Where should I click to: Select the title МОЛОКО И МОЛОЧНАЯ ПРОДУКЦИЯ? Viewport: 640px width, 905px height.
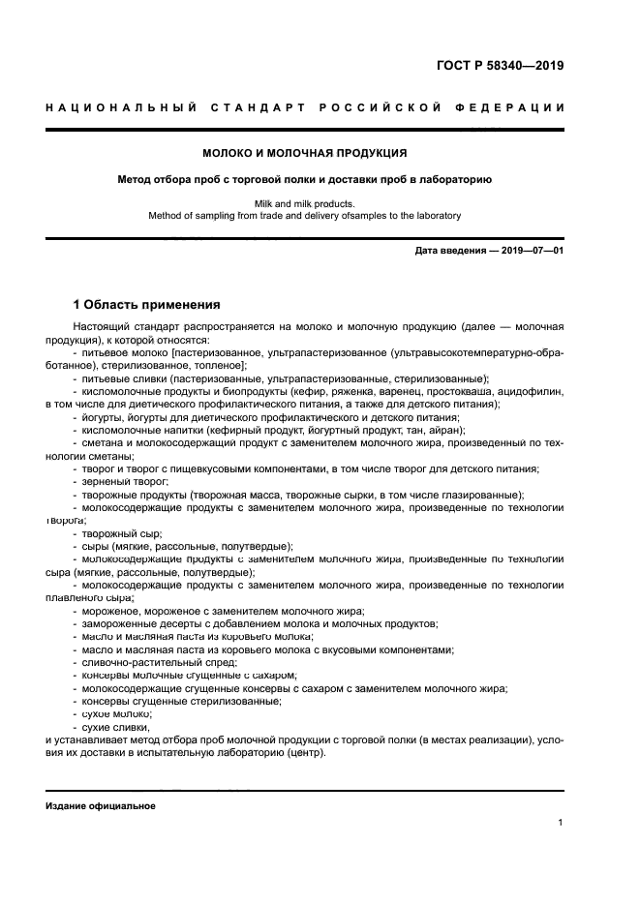305,153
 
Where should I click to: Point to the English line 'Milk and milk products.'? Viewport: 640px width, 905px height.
305,203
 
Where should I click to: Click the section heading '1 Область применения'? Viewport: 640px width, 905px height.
146,303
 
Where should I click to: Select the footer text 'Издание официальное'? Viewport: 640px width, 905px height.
100,805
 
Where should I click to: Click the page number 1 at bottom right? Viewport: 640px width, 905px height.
561,823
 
